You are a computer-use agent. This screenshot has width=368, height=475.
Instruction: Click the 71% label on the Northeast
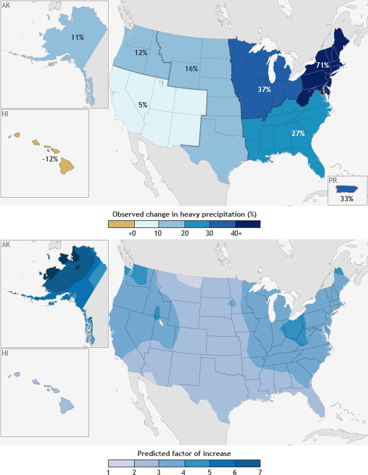(x=322, y=65)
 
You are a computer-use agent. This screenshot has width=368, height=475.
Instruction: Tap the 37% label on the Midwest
(x=264, y=90)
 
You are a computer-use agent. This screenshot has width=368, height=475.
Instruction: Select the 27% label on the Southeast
(x=298, y=133)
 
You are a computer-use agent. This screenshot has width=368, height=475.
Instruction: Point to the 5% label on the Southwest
(x=143, y=104)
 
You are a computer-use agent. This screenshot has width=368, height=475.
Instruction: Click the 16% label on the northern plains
(x=191, y=68)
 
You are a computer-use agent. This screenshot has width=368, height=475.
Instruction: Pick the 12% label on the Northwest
(x=141, y=52)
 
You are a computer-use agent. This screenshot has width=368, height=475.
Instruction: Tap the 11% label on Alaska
(x=77, y=37)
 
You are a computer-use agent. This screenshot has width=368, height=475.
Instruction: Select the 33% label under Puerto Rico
(x=347, y=199)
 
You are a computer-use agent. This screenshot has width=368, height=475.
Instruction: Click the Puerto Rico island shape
(x=347, y=189)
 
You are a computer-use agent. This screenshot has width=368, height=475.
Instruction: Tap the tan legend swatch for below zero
(x=121, y=224)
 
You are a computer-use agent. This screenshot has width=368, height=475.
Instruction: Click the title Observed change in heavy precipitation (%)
(x=184, y=213)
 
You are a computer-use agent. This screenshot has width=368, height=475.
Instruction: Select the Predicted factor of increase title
(x=184, y=454)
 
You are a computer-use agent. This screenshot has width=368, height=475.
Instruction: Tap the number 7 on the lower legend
(x=260, y=473)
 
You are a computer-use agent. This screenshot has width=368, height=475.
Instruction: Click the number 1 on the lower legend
(x=108, y=473)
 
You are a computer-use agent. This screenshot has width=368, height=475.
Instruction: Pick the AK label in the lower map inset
(x=6, y=245)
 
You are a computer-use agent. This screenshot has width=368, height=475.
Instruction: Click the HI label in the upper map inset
(x=5, y=113)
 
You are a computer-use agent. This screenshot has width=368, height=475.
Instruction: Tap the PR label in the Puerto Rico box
(x=334, y=179)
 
